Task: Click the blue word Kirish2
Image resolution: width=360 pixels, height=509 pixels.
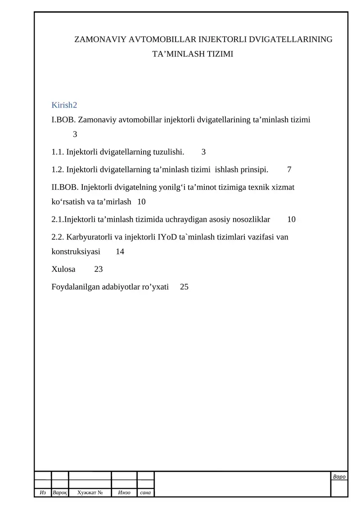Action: click(64, 105)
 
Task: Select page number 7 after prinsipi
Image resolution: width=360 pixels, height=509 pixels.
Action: click(289, 170)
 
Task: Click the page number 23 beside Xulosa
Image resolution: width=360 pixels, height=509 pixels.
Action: click(99, 269)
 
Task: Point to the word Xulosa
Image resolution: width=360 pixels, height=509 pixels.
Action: click(63, 269)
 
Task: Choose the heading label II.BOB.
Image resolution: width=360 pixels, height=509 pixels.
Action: click(65, 187)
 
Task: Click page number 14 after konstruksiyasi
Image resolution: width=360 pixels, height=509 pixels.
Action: click(120, 252)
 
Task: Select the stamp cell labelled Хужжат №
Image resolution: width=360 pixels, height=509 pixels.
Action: click(89, 493)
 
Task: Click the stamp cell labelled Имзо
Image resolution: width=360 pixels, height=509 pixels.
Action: click(124, 493)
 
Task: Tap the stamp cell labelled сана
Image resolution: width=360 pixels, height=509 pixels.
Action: click(145, 493)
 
